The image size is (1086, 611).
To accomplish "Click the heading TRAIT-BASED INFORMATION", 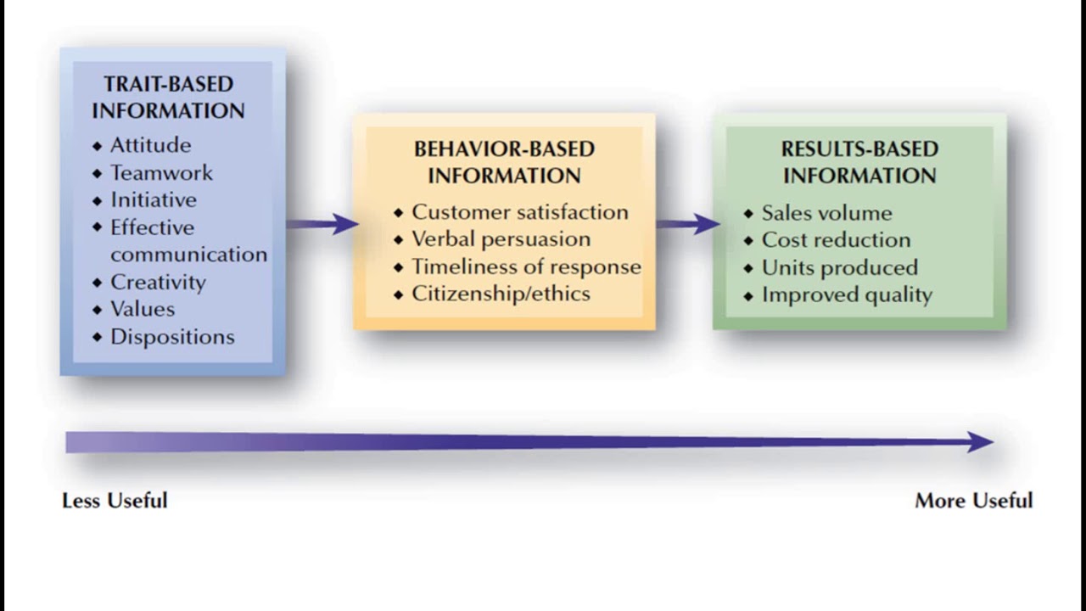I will click(168, 98).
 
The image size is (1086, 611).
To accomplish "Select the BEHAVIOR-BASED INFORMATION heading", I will click(504, 162).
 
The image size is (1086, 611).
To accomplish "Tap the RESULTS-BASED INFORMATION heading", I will click(859, 162).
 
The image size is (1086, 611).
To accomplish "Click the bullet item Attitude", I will click(150, 145).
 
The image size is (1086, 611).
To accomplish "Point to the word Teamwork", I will click(161, 173).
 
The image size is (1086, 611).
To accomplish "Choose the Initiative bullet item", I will click(153, 200).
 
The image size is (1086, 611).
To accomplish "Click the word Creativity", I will click(158, 282).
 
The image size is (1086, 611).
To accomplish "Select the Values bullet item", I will click(143, 309).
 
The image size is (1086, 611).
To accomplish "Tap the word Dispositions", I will click(172, 337).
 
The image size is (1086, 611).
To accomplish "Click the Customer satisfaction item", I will click(519, 212).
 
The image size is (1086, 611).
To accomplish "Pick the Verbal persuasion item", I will click(501, 239).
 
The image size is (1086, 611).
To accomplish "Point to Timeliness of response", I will click(526, 266).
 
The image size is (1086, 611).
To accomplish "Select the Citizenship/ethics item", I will click(501, 294).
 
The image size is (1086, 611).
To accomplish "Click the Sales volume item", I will click(826, 213).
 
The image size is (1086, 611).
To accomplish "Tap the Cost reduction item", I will click(836, 240).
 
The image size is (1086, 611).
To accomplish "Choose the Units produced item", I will click(839, 267).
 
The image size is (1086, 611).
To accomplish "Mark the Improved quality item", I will click(847, 294).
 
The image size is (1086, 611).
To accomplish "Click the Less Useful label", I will click(115, 501).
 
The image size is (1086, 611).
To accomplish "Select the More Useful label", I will click(973, 501).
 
